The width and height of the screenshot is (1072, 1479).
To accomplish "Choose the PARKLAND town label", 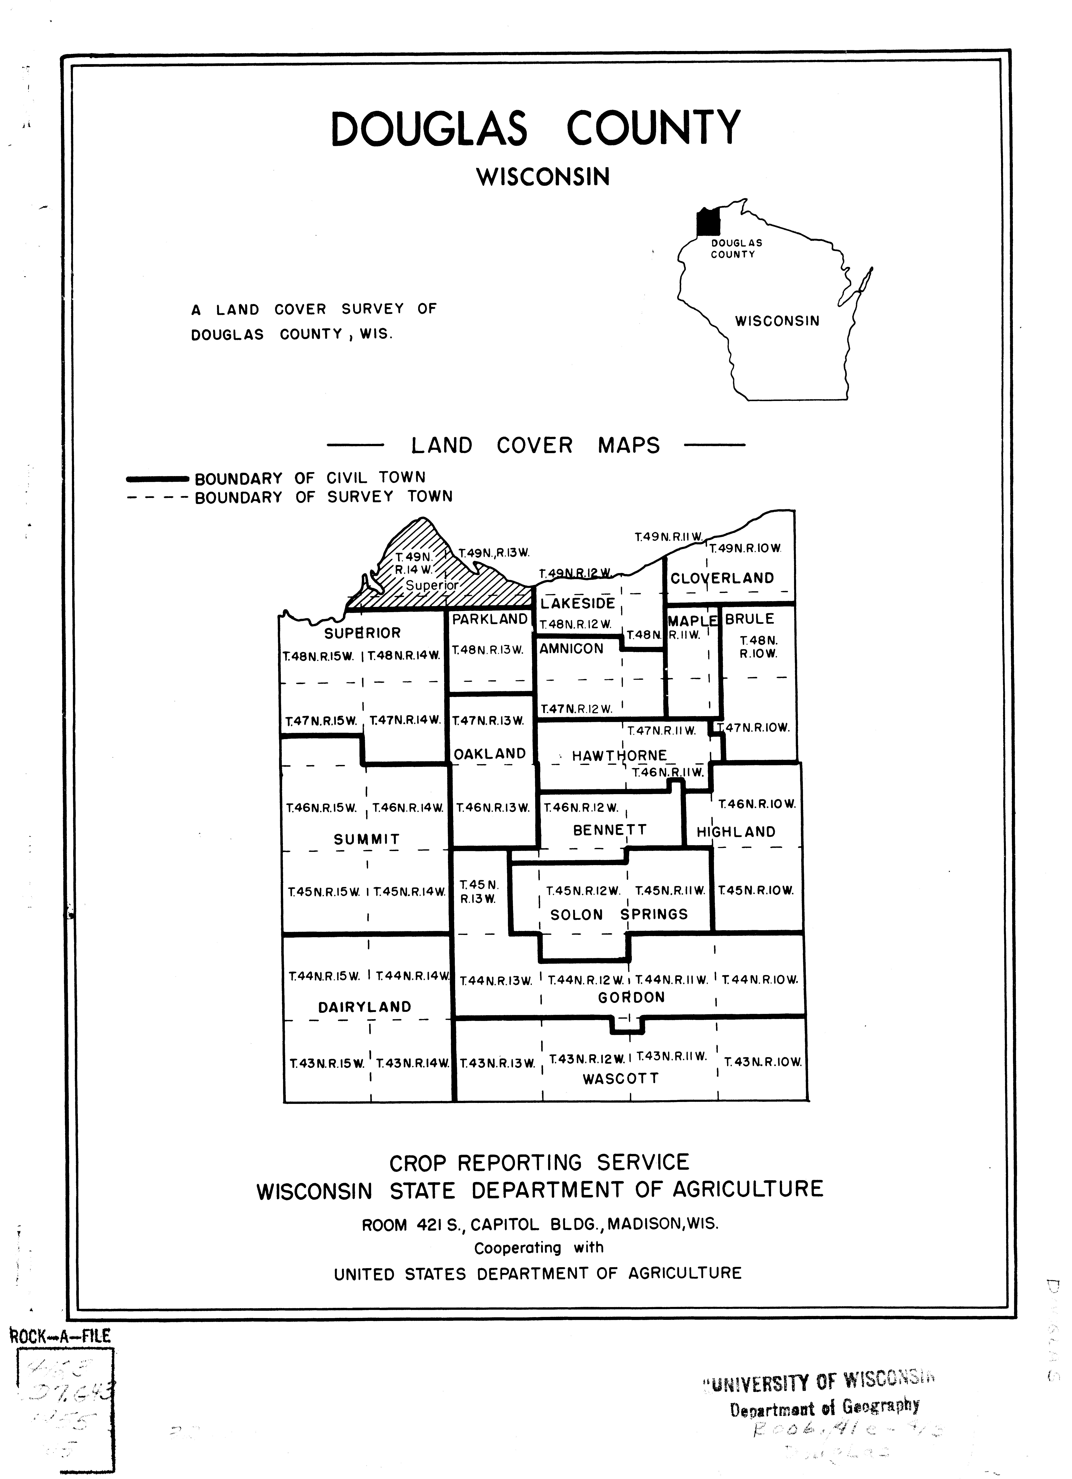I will pyautogui.click(x=490, y=619).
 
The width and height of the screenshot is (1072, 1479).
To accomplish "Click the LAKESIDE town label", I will pyautogui.click(x=578, y=603).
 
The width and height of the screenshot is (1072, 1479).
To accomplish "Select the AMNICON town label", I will pyautogui.click(x=571, y=648).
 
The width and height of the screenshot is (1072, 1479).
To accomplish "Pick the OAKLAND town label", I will pyautogui.click(x=490, y=754).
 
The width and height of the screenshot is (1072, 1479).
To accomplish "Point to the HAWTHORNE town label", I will pyautogui.click(x=619, y=756).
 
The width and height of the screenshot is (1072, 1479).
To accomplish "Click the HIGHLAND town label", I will pyautogui.click(x=736, y=832).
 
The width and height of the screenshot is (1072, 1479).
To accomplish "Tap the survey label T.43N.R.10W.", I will pyautogui.click(x=762, y=1062).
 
